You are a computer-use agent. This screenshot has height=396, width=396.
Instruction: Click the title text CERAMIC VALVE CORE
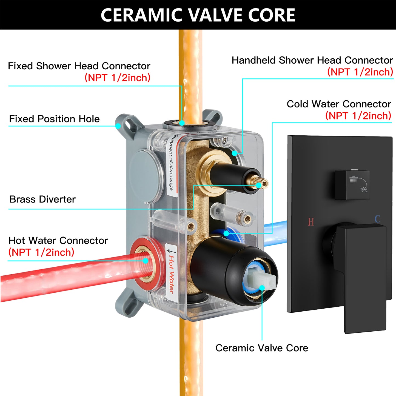[x=198, y=15]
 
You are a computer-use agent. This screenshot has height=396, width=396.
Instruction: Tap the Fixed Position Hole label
[x=55, y=119]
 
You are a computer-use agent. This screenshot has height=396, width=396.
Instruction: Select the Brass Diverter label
[x=42, y=199]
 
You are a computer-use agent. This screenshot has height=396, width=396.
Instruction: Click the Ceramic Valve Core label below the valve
[x=262, y=348]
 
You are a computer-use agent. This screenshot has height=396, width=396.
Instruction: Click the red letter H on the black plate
[x=311, y=222]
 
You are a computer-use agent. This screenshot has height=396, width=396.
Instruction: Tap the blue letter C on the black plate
[x=377, y=219]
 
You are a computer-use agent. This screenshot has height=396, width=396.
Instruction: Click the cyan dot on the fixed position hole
[x=118, y=126]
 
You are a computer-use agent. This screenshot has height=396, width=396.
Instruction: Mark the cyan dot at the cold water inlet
[x=226, y=233]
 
